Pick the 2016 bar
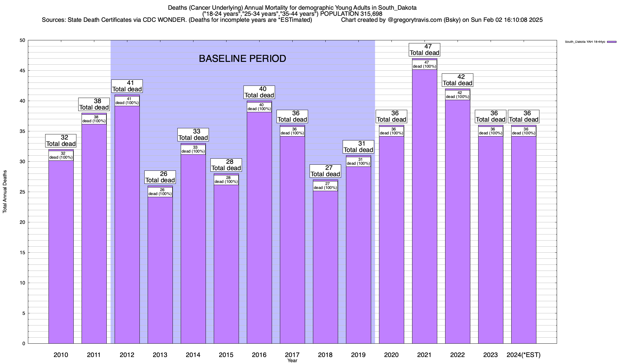(x=259, y=227)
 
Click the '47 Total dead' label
(x=425, y=50)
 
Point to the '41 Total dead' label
(x=127, y=86)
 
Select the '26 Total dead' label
(x=160, y=177)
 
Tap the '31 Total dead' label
(x=358, y=147)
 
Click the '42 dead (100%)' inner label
(x=458, y=95)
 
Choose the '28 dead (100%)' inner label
(x=226, y=180)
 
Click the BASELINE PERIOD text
(x=242, y=59)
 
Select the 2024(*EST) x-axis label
(x=524, y=355)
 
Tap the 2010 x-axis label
(x=61, y=355)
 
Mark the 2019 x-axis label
(x=358, y=355)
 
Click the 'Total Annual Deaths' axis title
(x=5, y=192)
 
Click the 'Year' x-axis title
(x=292, y=361)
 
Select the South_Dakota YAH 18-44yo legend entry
(x=585, y=42)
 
